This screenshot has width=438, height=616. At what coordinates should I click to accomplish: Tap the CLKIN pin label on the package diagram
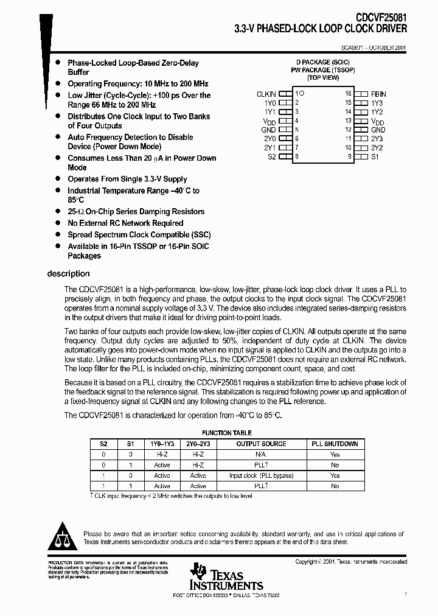coord(266,94)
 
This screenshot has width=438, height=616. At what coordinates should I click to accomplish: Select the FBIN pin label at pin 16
coord(378,94)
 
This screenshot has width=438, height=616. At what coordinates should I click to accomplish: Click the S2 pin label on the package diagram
coord(271,156)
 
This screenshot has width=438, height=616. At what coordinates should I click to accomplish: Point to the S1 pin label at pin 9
coord(375,156)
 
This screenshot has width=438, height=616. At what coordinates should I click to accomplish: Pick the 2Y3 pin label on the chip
coord(377,138)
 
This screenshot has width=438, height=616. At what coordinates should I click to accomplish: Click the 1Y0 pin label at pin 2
coord(269,103)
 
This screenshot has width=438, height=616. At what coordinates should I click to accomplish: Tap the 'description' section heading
coord(68,274)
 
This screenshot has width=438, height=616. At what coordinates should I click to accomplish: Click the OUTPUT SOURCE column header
coord(261,444)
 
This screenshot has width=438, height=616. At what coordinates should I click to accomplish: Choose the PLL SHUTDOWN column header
coord(335,444)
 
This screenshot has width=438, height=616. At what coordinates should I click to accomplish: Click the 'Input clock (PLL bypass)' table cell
coord(261,475)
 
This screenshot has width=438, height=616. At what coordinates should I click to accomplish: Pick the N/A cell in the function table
coord(261,454)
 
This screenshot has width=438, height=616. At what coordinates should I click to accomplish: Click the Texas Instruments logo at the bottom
coord(217,577)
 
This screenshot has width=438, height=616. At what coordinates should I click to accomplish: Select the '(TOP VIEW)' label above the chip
coord(322,78)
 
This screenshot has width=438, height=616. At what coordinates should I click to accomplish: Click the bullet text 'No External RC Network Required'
coord(125,223)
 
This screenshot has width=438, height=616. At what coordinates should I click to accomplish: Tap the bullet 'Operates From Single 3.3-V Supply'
coord(127,179)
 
